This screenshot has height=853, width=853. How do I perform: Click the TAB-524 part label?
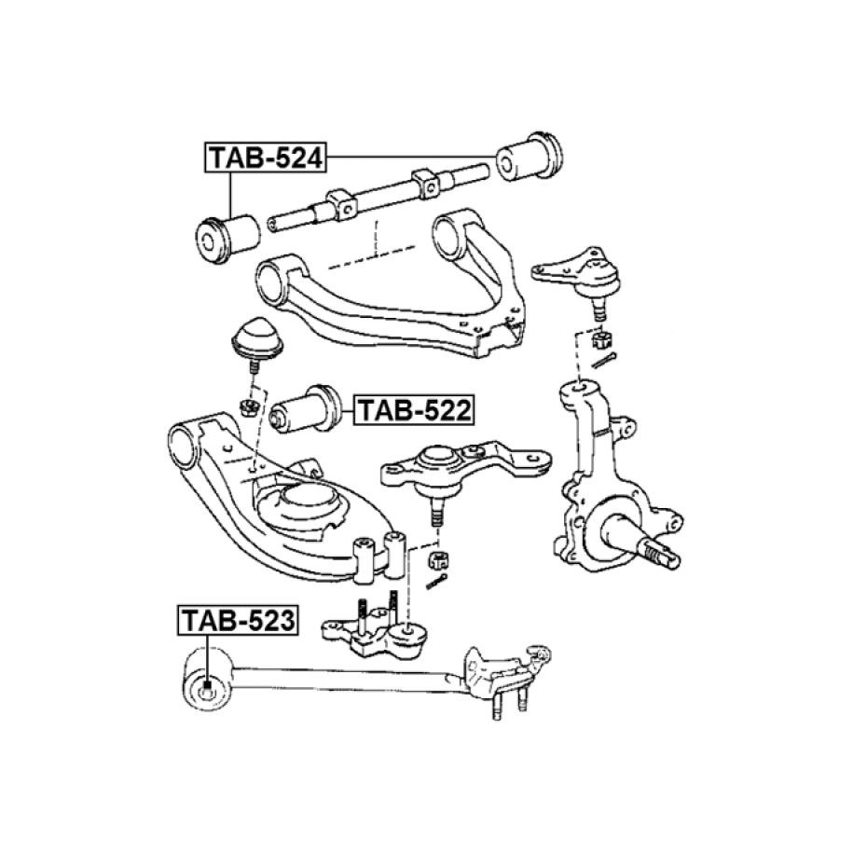point(266,158)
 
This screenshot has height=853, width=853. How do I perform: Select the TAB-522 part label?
point(415,410)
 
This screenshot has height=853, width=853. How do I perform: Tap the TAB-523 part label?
point(238,620)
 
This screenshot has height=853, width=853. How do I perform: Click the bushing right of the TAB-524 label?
point(529,157)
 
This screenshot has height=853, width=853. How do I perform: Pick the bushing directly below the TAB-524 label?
point(227,239)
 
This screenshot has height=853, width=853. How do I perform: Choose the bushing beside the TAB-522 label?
point(306,409)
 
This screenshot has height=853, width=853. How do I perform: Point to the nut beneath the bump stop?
point(249,407)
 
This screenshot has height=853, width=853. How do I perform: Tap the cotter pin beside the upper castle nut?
point(604,361)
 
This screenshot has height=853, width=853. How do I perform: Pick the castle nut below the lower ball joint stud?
point(438,559)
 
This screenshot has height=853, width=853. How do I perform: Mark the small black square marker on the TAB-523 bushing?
point(207,685)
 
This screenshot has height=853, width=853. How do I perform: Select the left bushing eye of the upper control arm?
point(271,283)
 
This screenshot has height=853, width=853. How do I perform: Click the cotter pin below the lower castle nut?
point(436,582)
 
